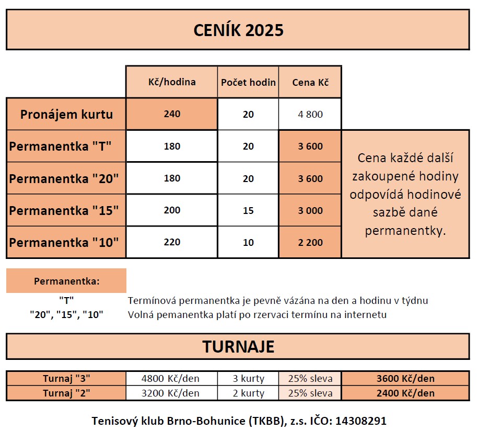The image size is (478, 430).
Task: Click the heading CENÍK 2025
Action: [x=238, y=30]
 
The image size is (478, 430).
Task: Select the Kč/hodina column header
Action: [x=172, y=82]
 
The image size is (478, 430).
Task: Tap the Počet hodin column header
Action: [x=248, y=82]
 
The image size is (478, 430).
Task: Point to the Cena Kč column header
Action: [x=310, y=82]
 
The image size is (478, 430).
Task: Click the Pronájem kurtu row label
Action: [x=66, y=114]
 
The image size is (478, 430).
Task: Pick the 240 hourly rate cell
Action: [x=172, y=114]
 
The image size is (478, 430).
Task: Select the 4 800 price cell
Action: [x=310, y=114]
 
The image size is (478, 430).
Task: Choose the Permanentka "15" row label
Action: [x=64, y=211]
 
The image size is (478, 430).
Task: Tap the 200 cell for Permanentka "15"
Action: [x=172, y=210]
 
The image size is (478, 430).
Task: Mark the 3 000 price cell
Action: [x=310, y=211]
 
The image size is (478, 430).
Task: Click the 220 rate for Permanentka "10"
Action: [x=172, y=242]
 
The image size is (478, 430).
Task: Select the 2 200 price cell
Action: [x=310, y=243]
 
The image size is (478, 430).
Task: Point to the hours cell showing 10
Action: [x=248, y=243]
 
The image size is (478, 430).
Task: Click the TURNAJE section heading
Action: [x=238, y=347]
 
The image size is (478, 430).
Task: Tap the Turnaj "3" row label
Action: [x=66, y=379]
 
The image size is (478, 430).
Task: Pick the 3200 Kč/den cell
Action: [x=171, y=393]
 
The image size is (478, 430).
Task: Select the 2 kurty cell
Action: [x=248, y=393]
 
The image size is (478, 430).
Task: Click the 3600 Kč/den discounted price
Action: [x=405, y=379]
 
